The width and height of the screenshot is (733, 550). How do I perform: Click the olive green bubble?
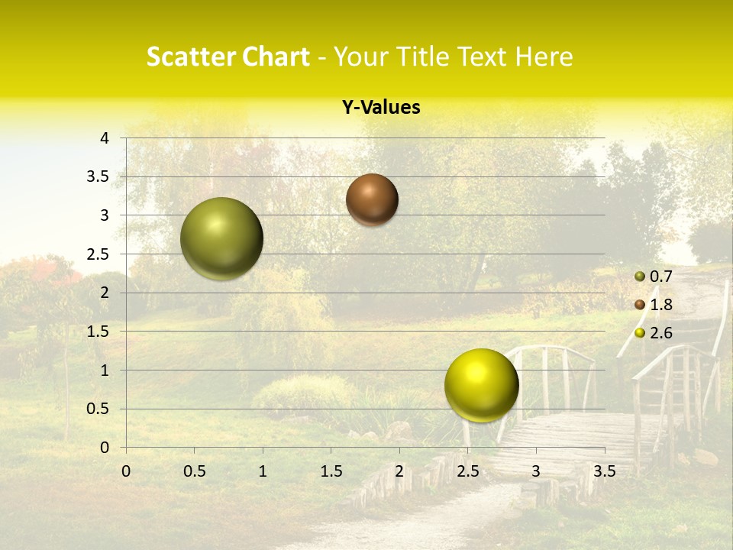pos(221,238)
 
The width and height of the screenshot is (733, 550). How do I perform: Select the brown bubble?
pos(372,199)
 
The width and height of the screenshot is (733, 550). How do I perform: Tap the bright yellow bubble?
pos(481,385)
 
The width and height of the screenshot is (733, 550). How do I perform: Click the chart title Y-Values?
pos(381,108)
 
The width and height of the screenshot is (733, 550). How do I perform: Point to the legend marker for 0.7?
pos(640,277)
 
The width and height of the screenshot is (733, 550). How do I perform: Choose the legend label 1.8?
pos(660,305)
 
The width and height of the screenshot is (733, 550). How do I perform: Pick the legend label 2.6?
pos(660,333)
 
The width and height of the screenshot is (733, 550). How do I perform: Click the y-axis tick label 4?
pos(105,138)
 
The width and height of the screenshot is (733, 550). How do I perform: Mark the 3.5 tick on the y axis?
pos(98,176)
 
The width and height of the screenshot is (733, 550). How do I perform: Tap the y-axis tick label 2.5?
pos(98,254)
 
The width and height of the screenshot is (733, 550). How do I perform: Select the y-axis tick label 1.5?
pos(98,332)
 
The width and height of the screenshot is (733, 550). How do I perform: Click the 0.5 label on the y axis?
pos(98,409)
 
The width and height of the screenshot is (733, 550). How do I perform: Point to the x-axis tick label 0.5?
pos(194,471)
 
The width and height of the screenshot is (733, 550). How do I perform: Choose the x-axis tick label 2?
pos(399,471)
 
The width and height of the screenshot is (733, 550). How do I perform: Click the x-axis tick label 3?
pos(536,471)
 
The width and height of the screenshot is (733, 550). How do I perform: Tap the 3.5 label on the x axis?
pos(604,471)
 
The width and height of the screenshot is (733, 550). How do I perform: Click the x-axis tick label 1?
pos(263,471)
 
